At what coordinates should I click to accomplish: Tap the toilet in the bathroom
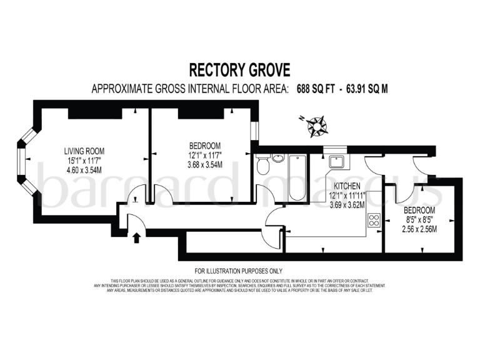coord(263,166)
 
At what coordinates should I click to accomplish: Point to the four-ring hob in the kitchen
coord(375,220)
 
